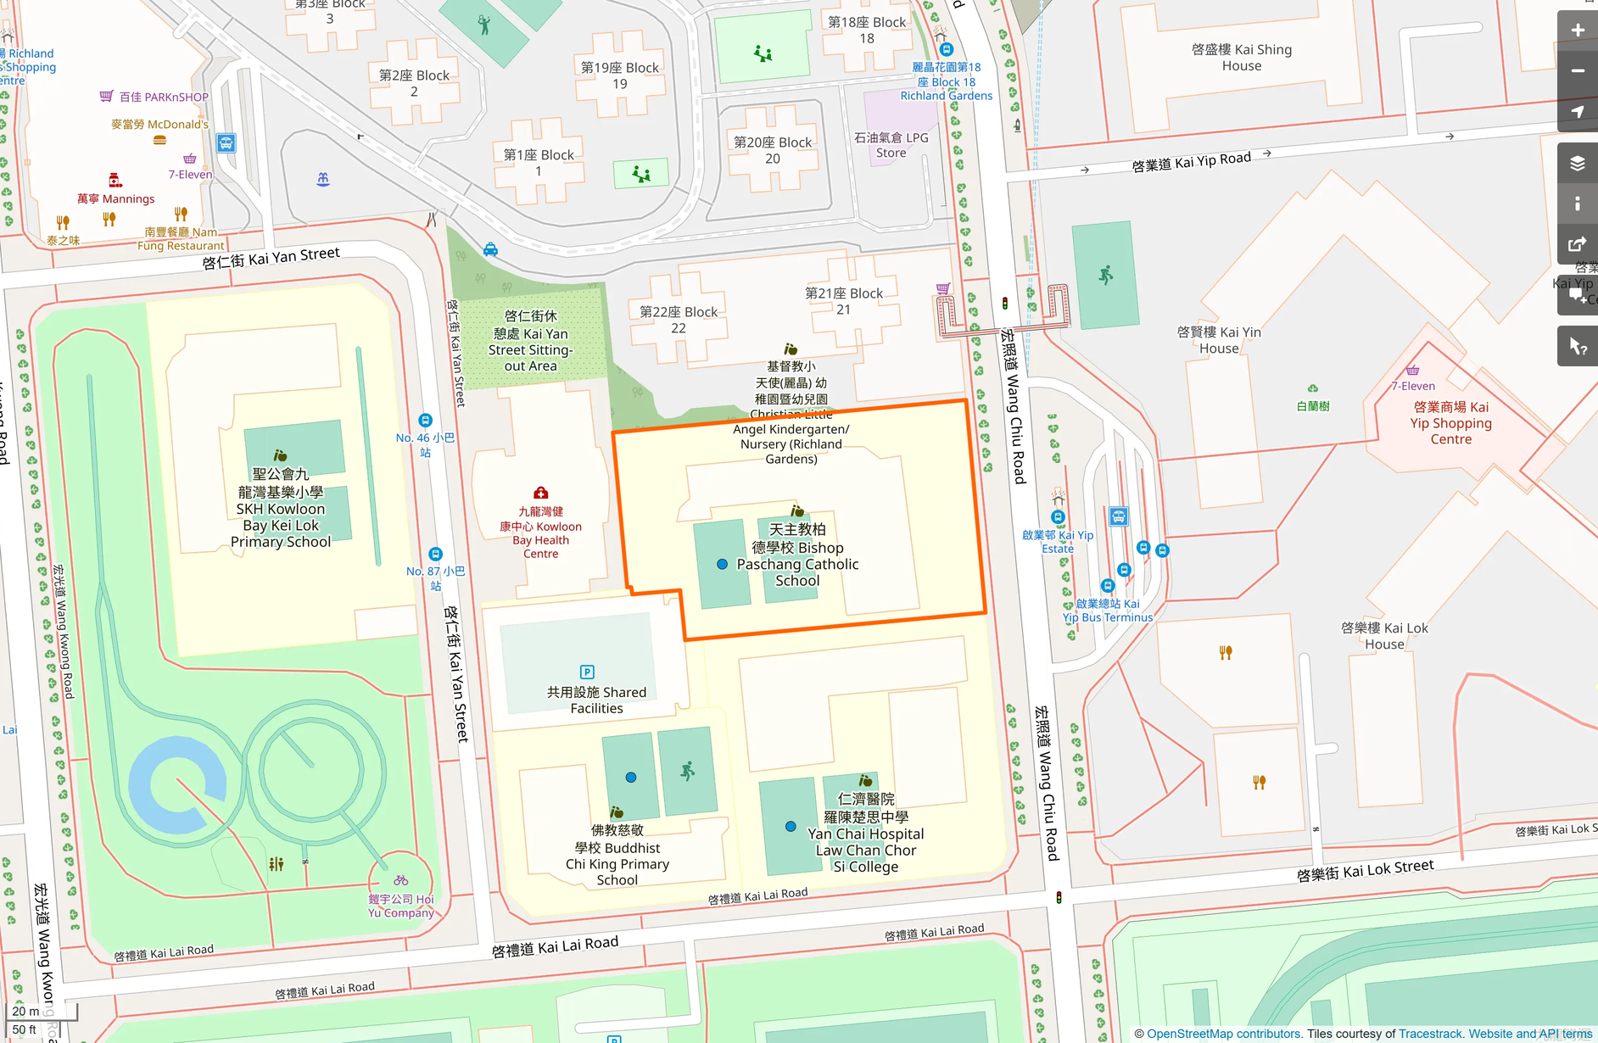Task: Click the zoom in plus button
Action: click(1577, 31)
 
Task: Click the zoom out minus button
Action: click(1577, 71)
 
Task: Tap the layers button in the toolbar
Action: click(1577, 164)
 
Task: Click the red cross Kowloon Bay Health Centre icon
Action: click(540, 493)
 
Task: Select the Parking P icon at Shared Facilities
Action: click(587, 672)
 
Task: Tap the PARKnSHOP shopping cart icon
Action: click(106, 96)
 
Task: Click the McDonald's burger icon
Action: click(159, 140)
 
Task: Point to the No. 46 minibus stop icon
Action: click(426, 421)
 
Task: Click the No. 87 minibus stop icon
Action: click(435, 555)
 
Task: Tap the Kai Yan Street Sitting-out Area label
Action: click(531, 341)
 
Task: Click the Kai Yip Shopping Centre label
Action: click(1450, 423)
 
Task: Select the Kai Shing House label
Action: click(1241, 58)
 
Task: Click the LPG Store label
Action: click(891, 145)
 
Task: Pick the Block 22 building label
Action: click(678, 320)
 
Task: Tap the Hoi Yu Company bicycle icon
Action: click(400, 880)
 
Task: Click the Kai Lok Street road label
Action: click(1365, 870)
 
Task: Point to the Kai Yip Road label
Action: click(1191, 161)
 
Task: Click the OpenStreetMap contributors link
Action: click(1223, 1034)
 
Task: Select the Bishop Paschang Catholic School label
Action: click(797, 555)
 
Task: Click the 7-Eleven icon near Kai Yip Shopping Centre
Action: click(1412, 370)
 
